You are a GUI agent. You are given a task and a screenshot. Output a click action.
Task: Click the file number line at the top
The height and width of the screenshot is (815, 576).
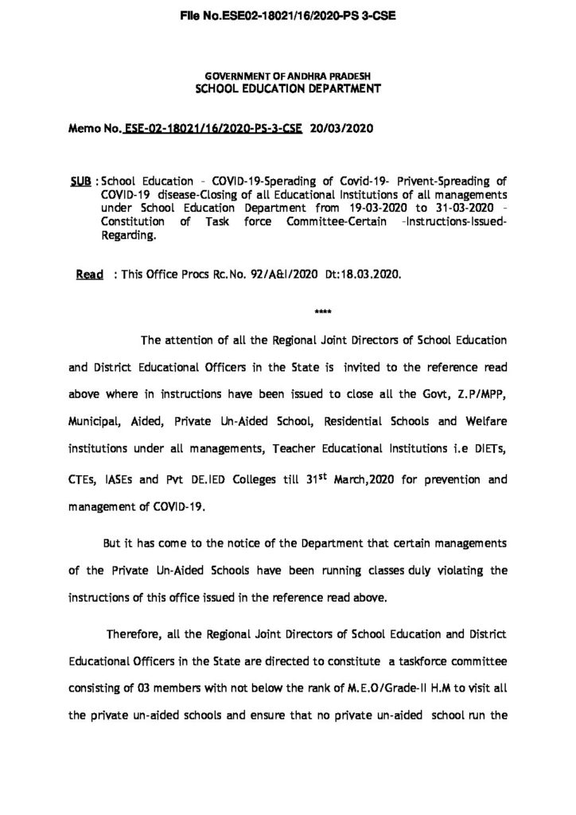[288, 14]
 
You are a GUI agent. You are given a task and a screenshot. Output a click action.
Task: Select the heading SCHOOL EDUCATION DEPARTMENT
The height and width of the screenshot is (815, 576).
[289, 89]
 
